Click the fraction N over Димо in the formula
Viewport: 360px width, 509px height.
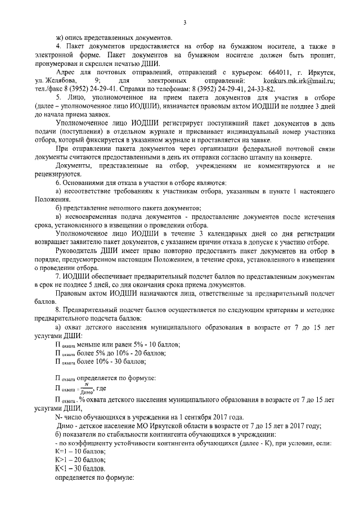87,388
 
